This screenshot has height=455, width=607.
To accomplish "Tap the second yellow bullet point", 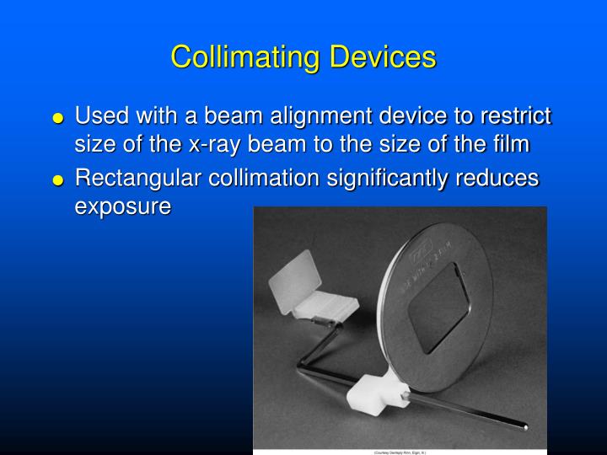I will point(57,179).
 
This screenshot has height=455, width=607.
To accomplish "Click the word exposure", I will point(123,206).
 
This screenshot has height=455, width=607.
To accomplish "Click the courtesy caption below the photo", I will point(400,452).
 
